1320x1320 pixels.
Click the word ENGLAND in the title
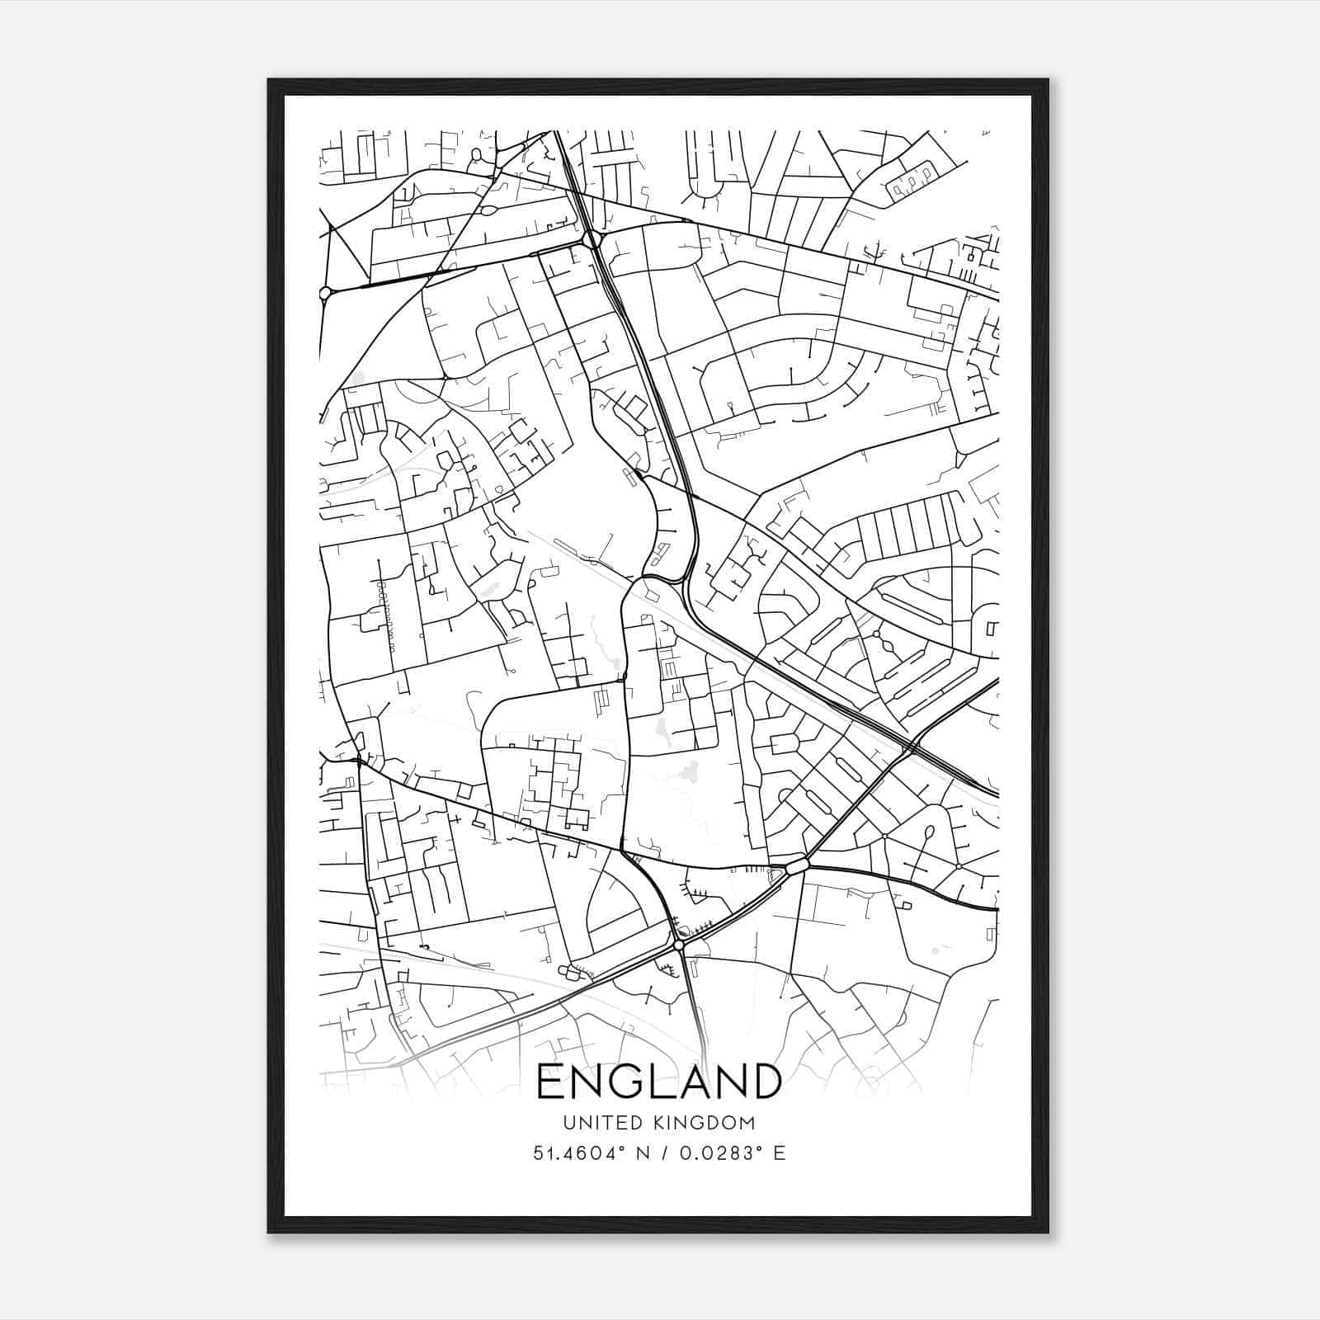click(658, 1082)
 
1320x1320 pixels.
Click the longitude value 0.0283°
click(714, 1153)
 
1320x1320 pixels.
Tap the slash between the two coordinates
click(662, 1153)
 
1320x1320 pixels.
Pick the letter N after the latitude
click(642, 1153)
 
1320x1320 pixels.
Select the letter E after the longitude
click(779, 1153)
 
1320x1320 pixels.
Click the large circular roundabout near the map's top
click(591, 240)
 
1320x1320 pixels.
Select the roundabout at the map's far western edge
click(325, 292)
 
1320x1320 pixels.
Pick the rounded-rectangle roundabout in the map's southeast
click(797, 866)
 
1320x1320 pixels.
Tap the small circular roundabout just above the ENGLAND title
click(678, 945)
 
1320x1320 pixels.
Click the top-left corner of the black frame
click(270, 81)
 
